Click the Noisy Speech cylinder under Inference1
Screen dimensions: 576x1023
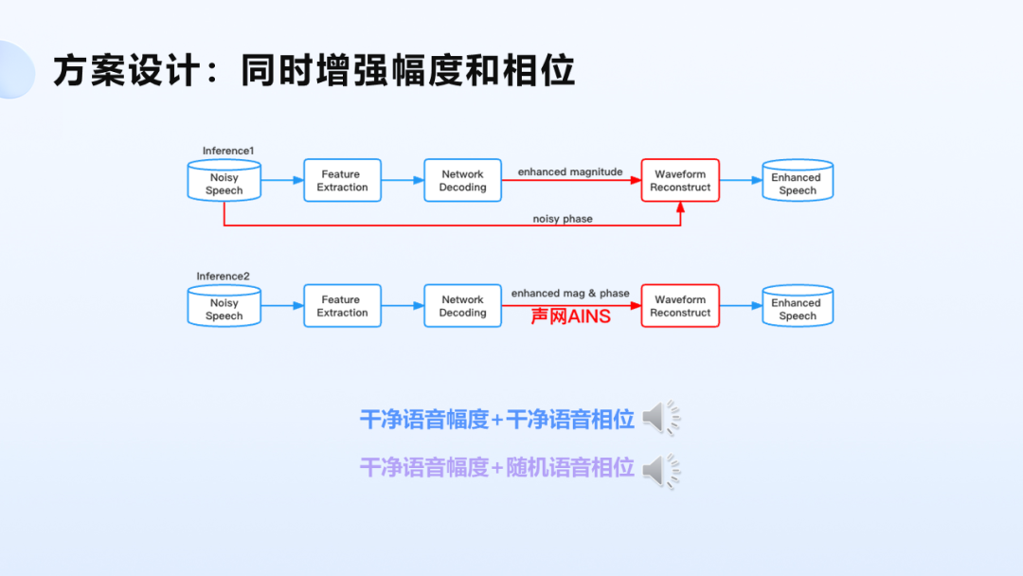tap(224, 180)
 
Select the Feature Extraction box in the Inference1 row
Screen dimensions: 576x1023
tap(342, 180)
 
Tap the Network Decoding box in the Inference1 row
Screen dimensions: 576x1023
tap(462, 180)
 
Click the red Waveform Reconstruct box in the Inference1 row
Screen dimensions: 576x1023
tap(680, 180)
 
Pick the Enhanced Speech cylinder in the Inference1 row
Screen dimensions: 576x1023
tap(798, 180)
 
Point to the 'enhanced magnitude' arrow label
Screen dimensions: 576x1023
tap(570, 171)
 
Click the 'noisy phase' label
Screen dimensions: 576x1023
tap(563, 219)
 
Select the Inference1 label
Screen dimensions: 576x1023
tap(228, 151)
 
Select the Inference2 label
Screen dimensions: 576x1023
tap(224, 277)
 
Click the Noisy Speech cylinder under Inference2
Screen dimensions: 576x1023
tap(224, 306)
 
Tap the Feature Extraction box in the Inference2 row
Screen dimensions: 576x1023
tap(342, 306)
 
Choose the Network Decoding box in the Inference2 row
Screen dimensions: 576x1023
tap(462, 306)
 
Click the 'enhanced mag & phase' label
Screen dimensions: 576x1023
tap(570, 294)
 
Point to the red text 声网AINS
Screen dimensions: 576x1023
tap(570, 316)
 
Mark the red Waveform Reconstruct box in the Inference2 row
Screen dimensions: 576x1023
tap(680, 306)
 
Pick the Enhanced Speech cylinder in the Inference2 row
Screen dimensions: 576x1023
tap(798, 306)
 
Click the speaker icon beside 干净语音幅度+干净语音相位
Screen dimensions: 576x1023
tap(661, 418)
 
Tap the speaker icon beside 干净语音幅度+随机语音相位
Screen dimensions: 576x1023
tap(661, 469)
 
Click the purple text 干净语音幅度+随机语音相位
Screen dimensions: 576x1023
tap(496, 468)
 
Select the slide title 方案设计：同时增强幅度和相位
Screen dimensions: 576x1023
tap(314, 71)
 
